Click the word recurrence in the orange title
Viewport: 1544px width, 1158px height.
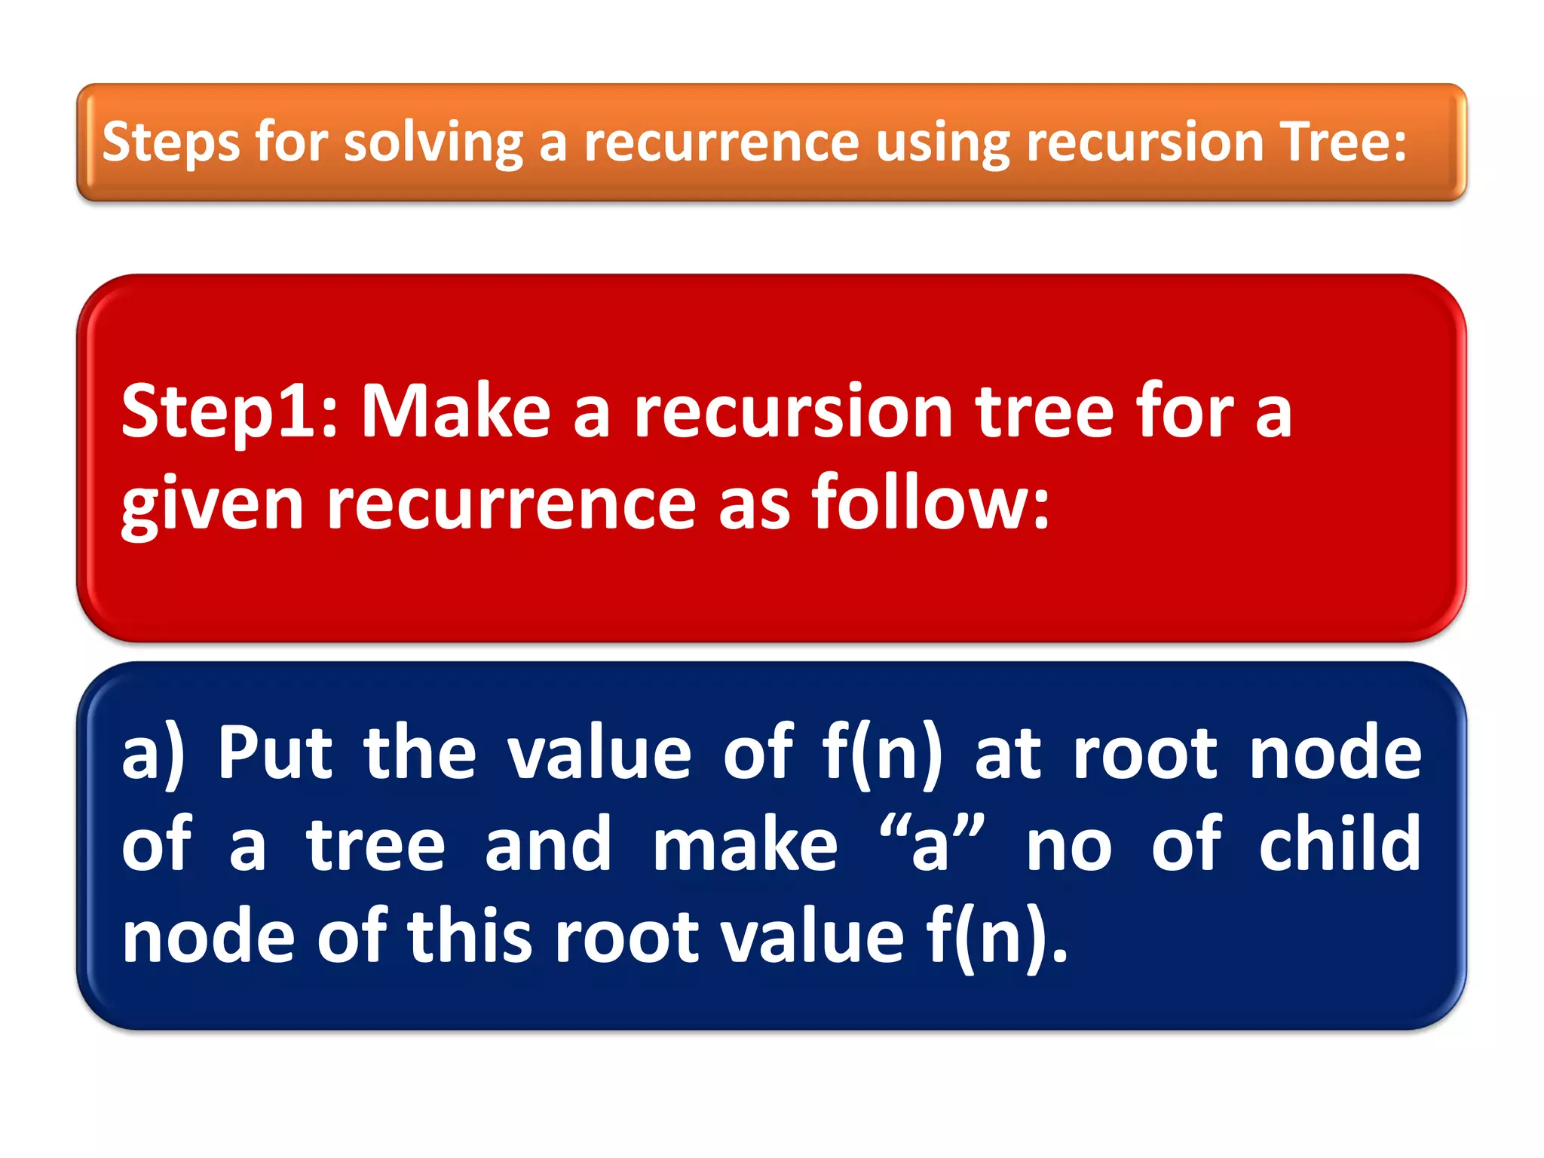pos(721,142)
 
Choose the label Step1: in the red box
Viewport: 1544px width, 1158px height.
pos(229,412)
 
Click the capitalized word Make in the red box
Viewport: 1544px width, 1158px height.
pos(456,412)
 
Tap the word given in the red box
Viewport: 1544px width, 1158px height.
pos(212,504)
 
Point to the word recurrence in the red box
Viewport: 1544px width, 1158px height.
pos(511,504)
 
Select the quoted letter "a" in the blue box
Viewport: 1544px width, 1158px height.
pos(932,844)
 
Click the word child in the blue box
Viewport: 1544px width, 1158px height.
pos(1340,844)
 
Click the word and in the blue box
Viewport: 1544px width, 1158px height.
pos(548,844)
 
